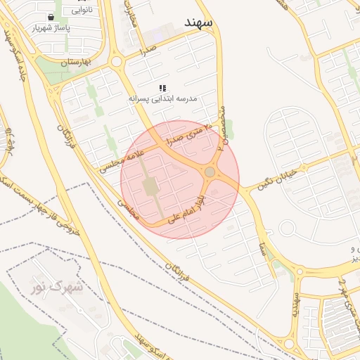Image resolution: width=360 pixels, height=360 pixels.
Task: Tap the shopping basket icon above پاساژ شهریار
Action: click(x=51, y=17)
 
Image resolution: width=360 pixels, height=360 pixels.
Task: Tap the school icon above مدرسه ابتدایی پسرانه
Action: click(x=162, y=89)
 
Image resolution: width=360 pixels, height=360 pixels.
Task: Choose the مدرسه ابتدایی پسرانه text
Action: click(x=164, y=99)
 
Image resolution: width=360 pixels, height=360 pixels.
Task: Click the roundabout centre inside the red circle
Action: click(x=210, y=172)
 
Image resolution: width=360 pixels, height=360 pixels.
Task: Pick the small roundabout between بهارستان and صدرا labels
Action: click(x=116, y=62)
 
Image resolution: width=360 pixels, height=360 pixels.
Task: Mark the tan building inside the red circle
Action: click(x=150, y=186)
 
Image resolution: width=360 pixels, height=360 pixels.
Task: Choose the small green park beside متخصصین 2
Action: click(x=229, y=129)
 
